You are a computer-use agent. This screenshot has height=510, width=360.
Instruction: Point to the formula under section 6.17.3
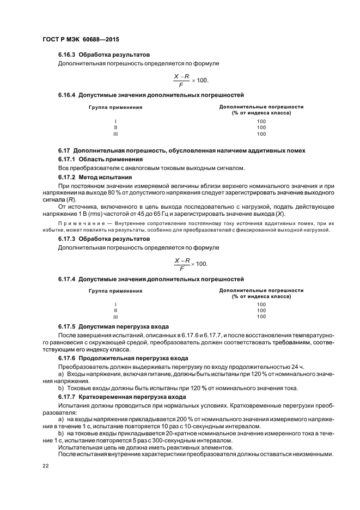coord(191,263)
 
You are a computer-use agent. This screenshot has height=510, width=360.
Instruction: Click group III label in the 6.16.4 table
coord(115,133)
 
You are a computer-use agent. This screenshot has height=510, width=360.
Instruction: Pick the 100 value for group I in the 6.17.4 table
coord(261,305)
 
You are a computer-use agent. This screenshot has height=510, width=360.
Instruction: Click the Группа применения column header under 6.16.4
coord(115,107)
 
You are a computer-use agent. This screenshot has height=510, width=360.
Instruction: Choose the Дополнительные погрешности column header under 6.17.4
coord(261,291)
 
